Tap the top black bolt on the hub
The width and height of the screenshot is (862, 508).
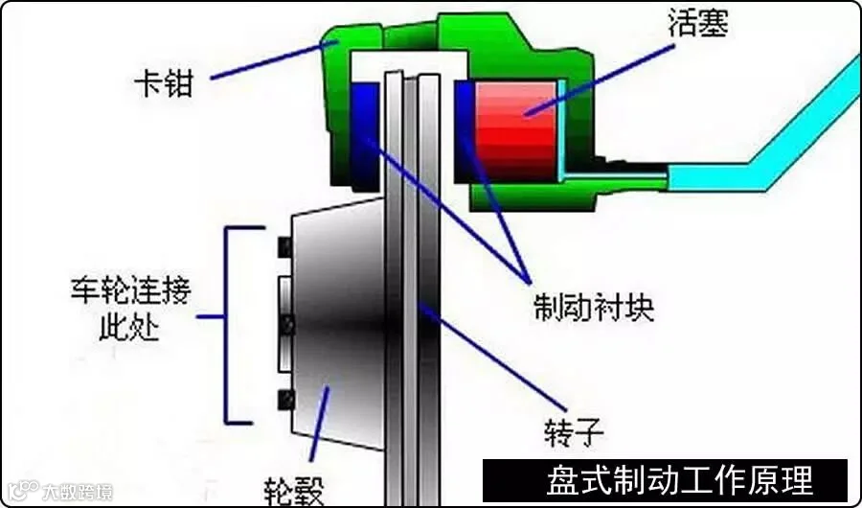(283, 247)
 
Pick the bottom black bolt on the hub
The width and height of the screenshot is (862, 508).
(283, 398)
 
